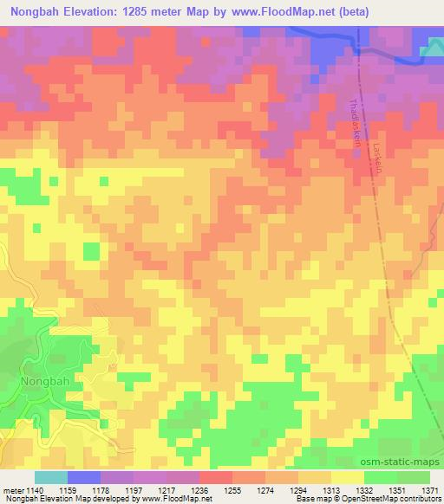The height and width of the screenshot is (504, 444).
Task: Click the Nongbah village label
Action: click(x=42, y=380)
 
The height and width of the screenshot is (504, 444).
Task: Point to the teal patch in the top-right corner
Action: click(x=431, y=52)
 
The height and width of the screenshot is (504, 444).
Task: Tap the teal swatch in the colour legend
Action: click(x=50, y=477)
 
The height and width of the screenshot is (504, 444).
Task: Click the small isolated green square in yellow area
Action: click(x=91, y=251)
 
